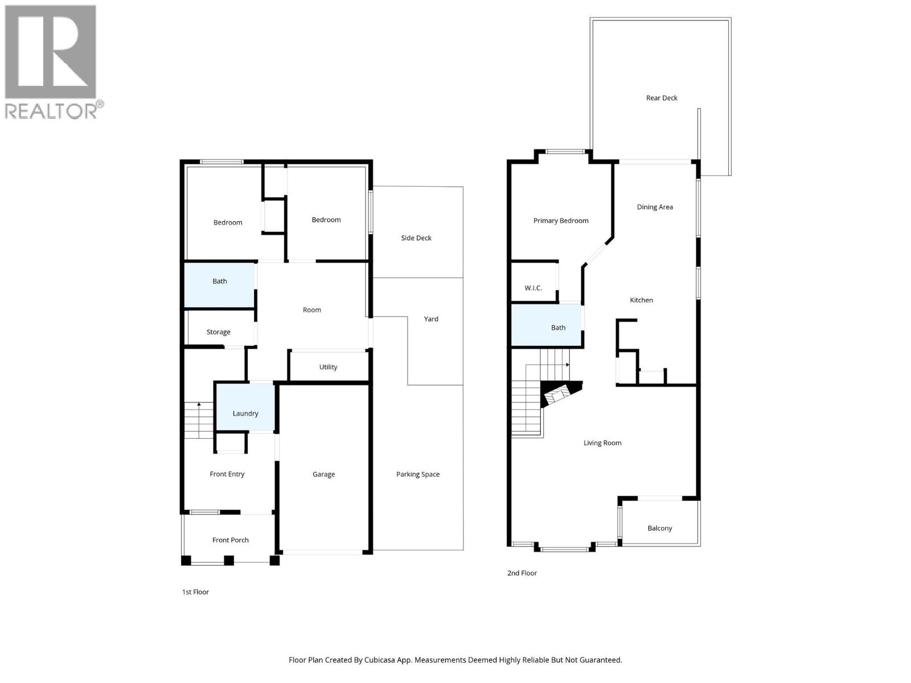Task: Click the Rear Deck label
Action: point(662,98)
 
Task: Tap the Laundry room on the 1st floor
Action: point(245,408)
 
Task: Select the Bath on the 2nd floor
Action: point(547,326)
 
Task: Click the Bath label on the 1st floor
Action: point(220,281)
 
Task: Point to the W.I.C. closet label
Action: point(533,288)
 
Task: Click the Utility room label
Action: point(328,367)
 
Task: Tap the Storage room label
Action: point(219,332)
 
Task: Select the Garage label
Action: point(323,474)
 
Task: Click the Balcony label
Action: point(660,528)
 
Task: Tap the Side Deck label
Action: point(416,238)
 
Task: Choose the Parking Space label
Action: point(418,474)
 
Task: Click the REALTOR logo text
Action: point(51,110)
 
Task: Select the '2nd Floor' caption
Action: point(522,573)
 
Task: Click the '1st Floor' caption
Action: point(195,592)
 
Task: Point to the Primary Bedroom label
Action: point(561,221)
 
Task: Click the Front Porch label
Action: point(231,540)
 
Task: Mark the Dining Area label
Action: point(655,207)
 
